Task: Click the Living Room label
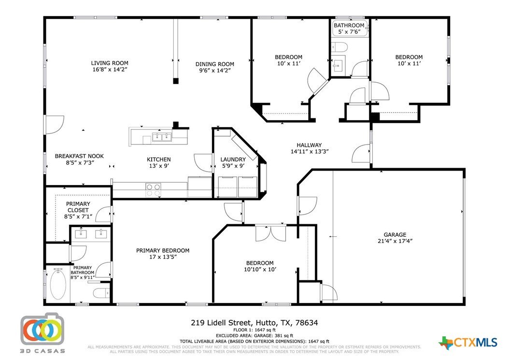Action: [x=110, y=63]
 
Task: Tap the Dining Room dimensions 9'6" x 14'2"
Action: [x=214, y=70]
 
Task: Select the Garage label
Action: [x=395, y=234]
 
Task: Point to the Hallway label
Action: [x=309, y=145]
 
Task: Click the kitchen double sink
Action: [x=162, y=137]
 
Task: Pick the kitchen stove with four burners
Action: [x=153, y=190]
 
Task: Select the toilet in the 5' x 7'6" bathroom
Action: [x=339, y=47]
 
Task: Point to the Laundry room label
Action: [x=233, y=159]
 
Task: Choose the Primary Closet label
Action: [x=78, y=207]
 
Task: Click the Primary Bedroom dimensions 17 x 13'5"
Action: [x=163, y=257]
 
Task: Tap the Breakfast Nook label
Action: [x=79, y=156]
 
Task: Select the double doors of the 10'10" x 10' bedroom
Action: [x=271, y=232]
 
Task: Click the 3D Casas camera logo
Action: [x=42, y=329]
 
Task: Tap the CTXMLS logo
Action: [x=468, y=343]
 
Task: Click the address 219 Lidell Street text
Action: [x=221, y=323]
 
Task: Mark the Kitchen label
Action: [x=159, y=159]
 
